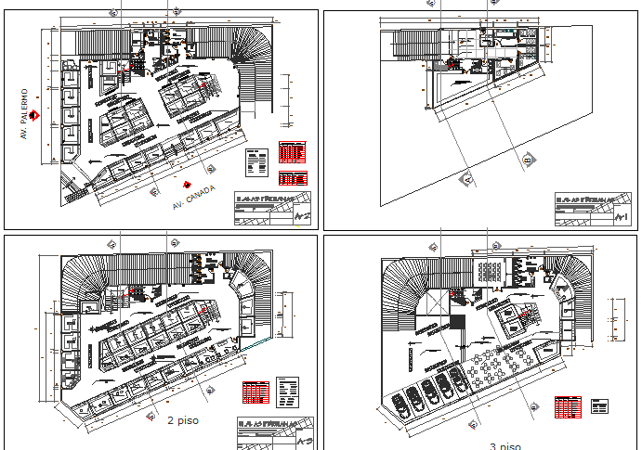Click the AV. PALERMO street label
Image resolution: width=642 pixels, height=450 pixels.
coord(25,114)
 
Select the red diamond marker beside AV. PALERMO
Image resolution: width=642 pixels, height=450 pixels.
coord(34,115)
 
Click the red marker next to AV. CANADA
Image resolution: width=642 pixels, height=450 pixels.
coord(188,184)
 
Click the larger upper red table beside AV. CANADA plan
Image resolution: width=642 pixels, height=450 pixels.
coord(293,152)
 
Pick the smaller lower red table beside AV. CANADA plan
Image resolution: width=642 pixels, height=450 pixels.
coord(293,176)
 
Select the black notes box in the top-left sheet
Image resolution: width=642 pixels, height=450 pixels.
coord(256,161)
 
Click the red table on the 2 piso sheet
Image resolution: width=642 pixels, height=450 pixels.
coord(255,394)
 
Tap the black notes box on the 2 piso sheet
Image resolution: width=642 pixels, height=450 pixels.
coord(288,391)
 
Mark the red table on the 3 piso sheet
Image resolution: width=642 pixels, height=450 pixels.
coord(568,407)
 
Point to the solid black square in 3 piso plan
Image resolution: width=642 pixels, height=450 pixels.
coord(457,321)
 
